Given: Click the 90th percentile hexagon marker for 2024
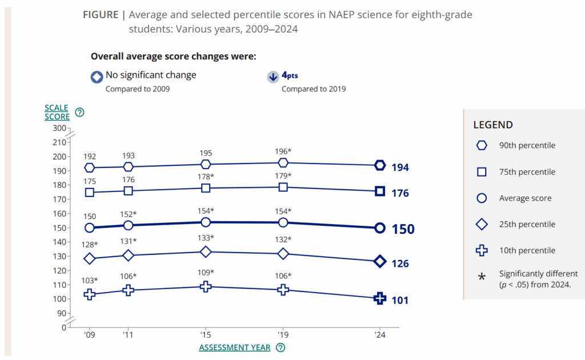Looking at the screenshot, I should coord(380,166).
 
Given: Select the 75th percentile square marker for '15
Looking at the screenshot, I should coord(206,188).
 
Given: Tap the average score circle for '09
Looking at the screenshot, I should coord(89,228).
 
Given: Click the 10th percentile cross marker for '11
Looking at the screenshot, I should coord(129,290).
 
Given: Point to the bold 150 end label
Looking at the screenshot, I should coord(403,229).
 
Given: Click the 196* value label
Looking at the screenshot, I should coord(282,151).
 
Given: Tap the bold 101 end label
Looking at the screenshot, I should coord(400,300).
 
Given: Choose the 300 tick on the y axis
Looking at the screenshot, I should coord(59,128).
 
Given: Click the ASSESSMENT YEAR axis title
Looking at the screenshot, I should coord(235,347).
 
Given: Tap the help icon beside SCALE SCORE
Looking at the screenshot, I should coord(80,113).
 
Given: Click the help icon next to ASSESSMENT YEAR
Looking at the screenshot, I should coord(281,347).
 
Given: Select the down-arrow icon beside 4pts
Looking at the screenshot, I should coord(273,78).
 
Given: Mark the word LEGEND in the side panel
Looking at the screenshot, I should coord(493,125).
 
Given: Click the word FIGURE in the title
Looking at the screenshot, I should coord(101,15).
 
